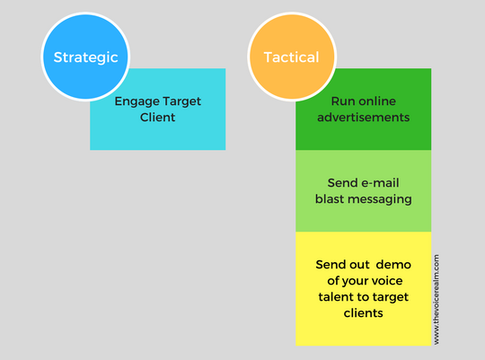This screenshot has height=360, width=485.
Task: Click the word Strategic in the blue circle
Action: point(85,57)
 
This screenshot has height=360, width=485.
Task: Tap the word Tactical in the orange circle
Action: point(291,57)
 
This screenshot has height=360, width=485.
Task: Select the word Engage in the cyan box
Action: point(137,101)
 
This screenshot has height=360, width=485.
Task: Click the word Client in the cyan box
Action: point(157,118)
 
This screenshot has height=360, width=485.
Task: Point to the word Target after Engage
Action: point(181,101)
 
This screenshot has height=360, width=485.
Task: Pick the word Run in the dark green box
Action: point(341,101)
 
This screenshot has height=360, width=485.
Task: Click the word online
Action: point(375,101)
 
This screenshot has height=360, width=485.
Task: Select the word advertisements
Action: point(364,118)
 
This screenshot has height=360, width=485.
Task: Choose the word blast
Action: point(330,199)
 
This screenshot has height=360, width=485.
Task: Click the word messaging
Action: point(380,199)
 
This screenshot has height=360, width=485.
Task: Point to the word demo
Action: point(393,265)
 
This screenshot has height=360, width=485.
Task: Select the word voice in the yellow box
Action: point(388,281)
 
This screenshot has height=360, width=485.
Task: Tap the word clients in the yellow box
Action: point(364,313)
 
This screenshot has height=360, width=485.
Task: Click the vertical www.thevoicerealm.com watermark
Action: point(436,299)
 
